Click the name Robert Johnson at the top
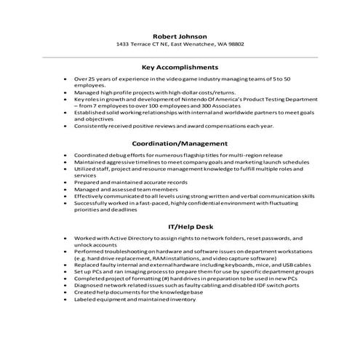180,36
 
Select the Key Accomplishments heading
180,66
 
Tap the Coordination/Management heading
180,143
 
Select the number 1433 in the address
124,44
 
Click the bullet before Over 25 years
66,78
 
